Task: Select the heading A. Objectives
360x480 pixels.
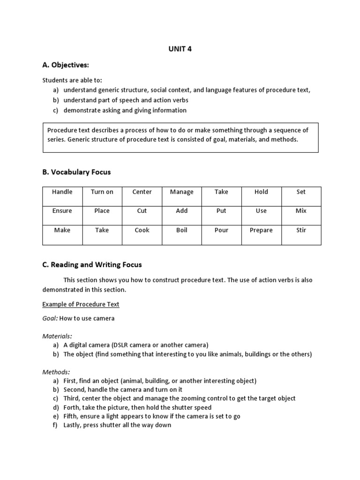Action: [x=66, y=64]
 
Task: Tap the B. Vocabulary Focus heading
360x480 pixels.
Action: [x=76, y=172]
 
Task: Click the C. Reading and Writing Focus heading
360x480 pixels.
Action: [x=92, y=265]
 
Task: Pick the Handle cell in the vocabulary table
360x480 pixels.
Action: [x=62, y=192]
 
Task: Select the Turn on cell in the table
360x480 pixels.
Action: [x=102, y=192]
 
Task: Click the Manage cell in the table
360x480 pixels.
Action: [x=181, y=192]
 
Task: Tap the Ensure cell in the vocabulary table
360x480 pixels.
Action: [x=62, y=211]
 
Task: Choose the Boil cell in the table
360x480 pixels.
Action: [x=181, y=230]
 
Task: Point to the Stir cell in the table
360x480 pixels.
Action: [x=301, y=230]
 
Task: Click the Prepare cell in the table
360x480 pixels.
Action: [x=261, y=230]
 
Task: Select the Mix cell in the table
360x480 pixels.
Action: [x=301, y=211]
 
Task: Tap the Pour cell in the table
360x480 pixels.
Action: [x=221, y=230]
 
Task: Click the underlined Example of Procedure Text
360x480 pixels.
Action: [x=81, y=304]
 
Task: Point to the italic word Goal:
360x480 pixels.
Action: [x=50, y=318]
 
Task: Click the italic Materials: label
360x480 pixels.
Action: [x=57, y=336]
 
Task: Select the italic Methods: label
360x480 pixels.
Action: [x=56, y=372]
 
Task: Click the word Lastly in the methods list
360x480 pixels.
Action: [x=73, y=425]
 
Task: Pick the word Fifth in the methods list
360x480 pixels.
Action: [x=71, y=416]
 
